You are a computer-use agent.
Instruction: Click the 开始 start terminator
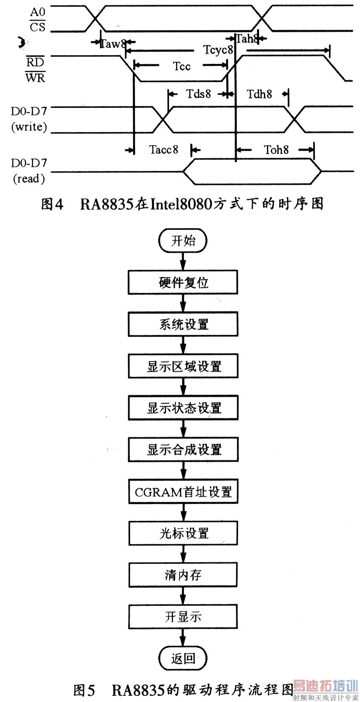[x=183, y=241]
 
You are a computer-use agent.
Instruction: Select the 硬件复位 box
[x=183, y=282]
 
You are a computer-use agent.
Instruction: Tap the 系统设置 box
[x=183, y=324]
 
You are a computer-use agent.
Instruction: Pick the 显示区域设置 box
[x=183, y=366]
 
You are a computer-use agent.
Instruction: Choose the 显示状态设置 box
[x=183, y=408]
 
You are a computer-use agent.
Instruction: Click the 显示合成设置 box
[x=183, y=450]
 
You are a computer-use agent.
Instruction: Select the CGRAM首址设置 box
[x=183, y=492]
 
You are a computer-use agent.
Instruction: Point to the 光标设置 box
[x=183, y=533]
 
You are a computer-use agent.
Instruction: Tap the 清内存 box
[x=183, y=575]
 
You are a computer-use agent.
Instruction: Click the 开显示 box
[x=183, y=617]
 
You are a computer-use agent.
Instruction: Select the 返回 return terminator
[x=183, y=658]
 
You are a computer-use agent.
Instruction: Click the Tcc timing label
[x=181, y=66]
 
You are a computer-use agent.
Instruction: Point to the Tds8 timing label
[x=199, y=94]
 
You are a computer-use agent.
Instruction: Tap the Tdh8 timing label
[x=260, y=94]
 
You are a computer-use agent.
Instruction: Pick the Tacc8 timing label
[x=164, y=150]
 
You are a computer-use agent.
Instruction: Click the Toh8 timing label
[x=276, y=150]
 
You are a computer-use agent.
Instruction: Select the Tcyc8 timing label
[x=218, y=49]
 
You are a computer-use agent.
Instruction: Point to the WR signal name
[x=35, y=78]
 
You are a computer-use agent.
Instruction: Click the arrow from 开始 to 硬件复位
[x=183, y=261]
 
